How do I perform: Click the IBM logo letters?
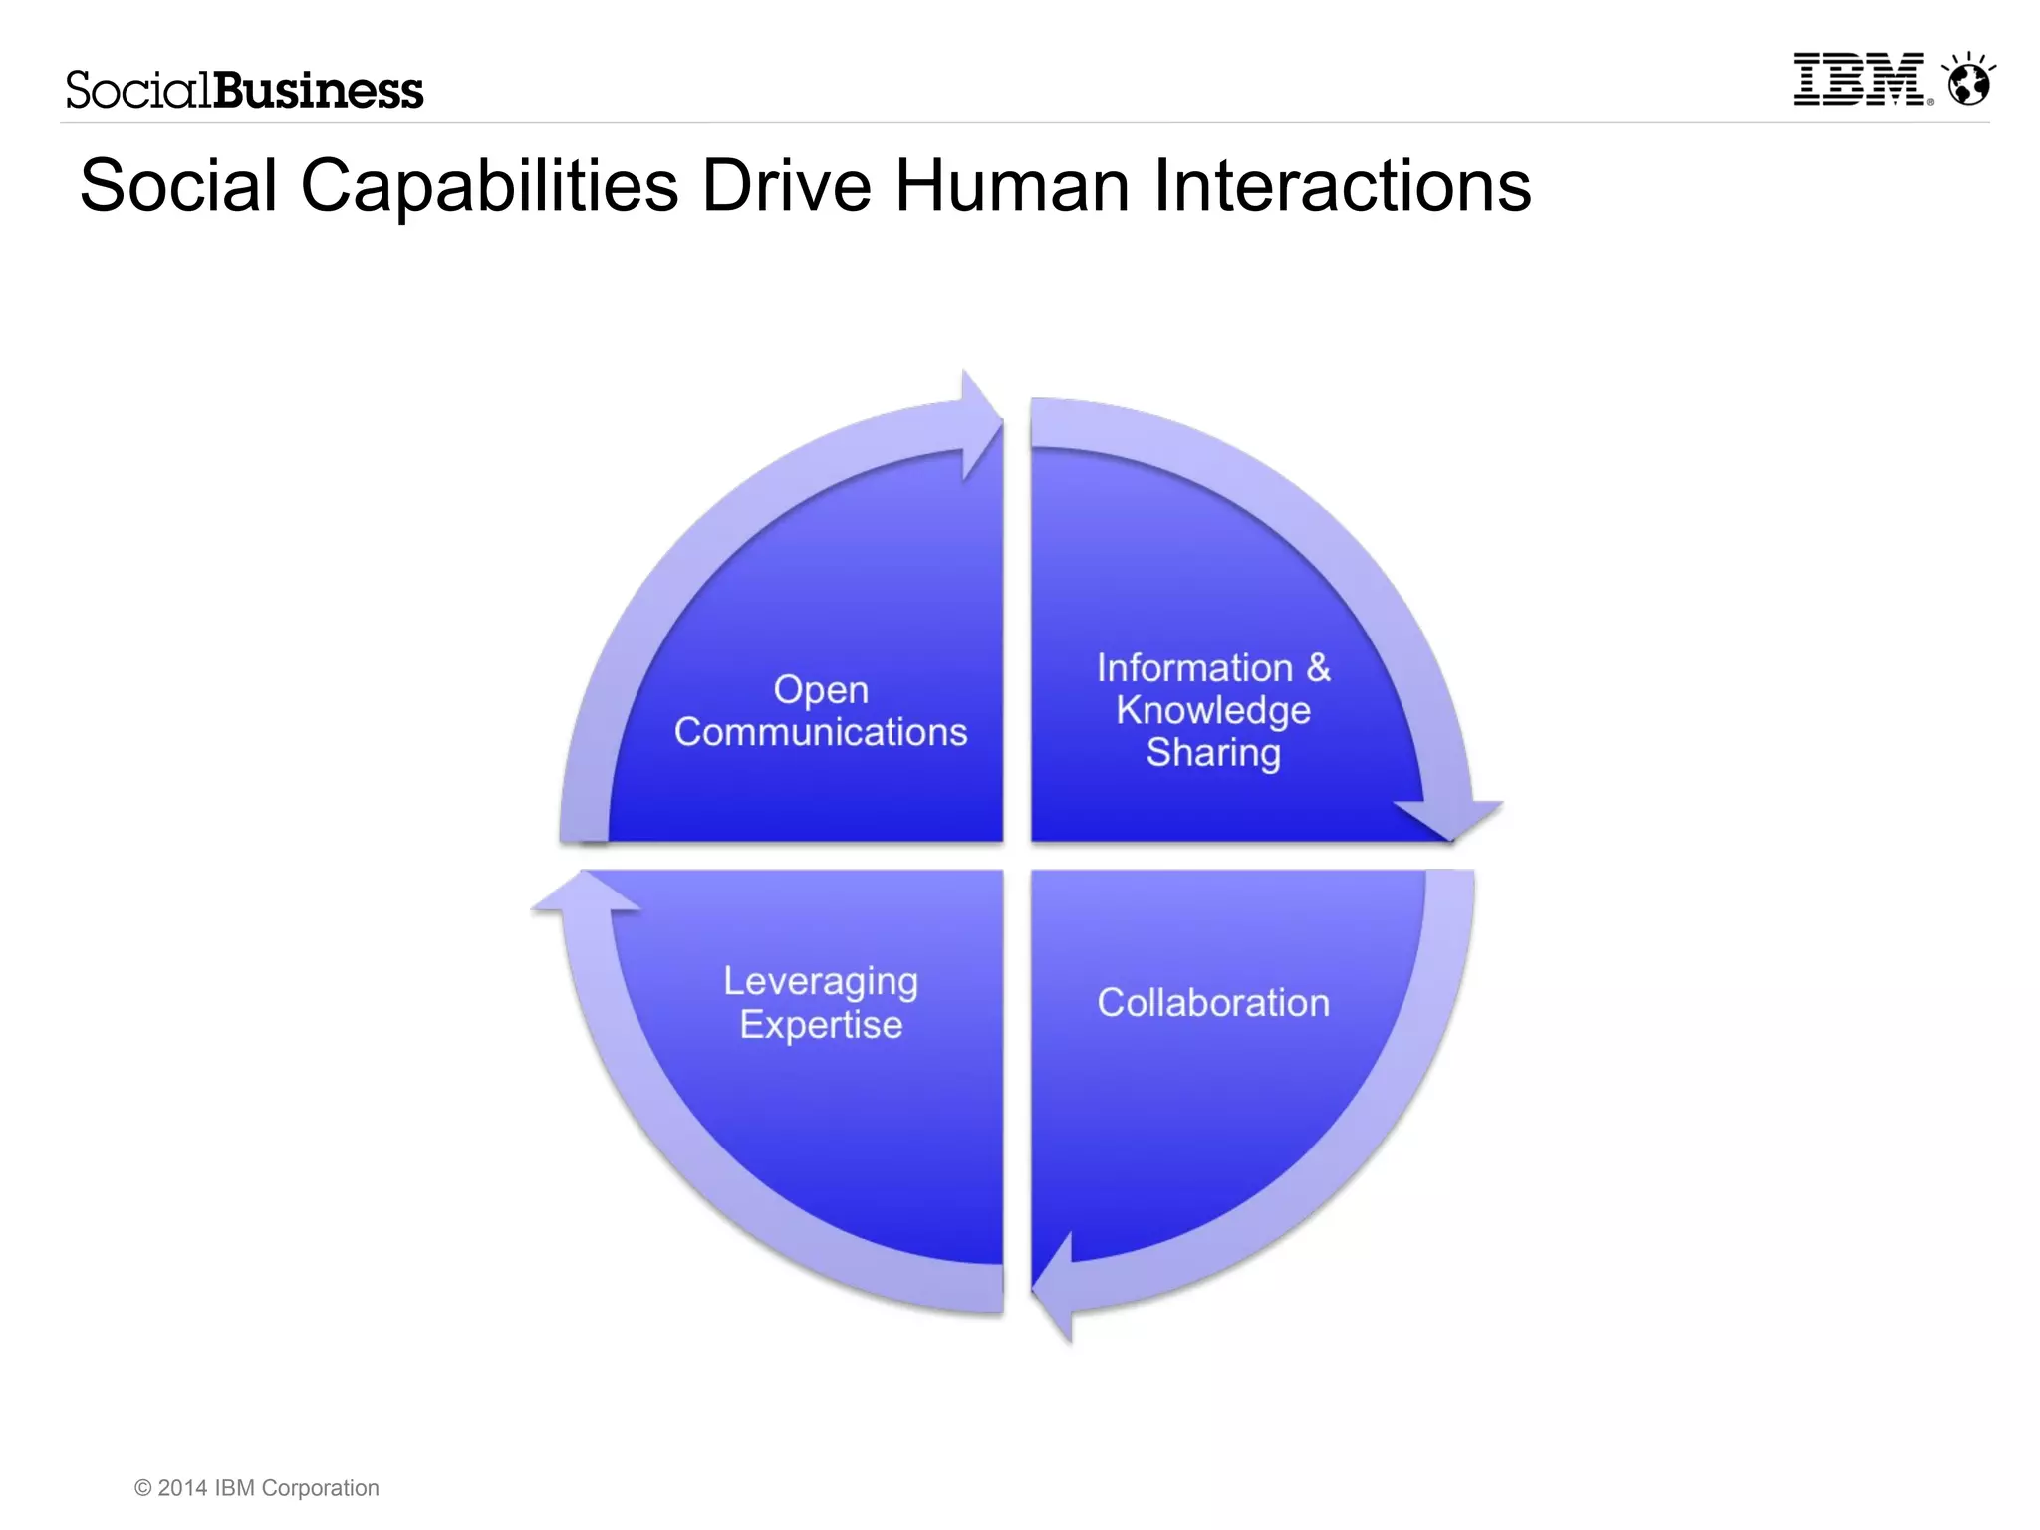click(1859, 80)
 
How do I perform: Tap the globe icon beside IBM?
click(1968, 82)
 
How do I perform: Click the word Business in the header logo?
click(319, 91)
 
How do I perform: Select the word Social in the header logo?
click(138, 91)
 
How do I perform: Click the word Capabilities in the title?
click(489, 186)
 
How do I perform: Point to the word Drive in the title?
click(786, 186)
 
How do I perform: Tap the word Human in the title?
click(1012, 186)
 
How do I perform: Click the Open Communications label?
click(820, 711)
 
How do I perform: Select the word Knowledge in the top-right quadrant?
click(1212, 711)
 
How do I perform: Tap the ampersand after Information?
click(1318, 668)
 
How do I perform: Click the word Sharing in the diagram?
click(1212, 754)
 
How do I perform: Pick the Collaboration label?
click(1212, 1003)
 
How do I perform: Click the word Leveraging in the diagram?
click(820, 982)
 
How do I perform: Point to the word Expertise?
click(820, 1025)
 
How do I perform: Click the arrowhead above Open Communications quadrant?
click(980, 424)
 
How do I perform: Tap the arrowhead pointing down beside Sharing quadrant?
click(1450, 817)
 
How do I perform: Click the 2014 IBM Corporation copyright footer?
click(257, 1488)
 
